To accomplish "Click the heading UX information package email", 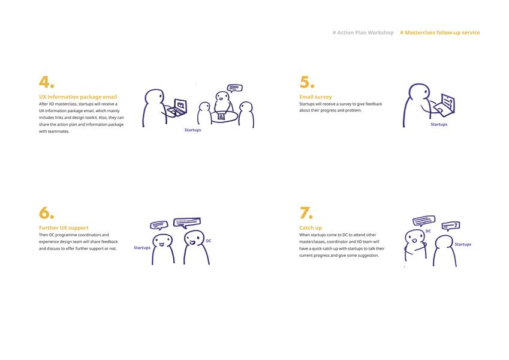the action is [78, 97].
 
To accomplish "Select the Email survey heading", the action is [315, 97].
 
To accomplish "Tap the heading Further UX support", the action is [64, 228].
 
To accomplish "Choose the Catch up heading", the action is [311, 228].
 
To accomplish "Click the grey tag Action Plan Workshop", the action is [363, 32].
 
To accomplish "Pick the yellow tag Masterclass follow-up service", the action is [440, 32].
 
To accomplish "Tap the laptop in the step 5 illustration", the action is [444, 104].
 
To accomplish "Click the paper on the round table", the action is [222, 116].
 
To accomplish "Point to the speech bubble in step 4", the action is [234, 88].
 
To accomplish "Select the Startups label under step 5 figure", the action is [439, 124].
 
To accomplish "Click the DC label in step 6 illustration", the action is [209, 241].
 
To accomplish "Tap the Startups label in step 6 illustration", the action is [142, 248].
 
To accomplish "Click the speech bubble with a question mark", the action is [451, 226].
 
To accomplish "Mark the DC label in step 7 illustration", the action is [428, 231].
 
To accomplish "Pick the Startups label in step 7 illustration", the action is [463, 244].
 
